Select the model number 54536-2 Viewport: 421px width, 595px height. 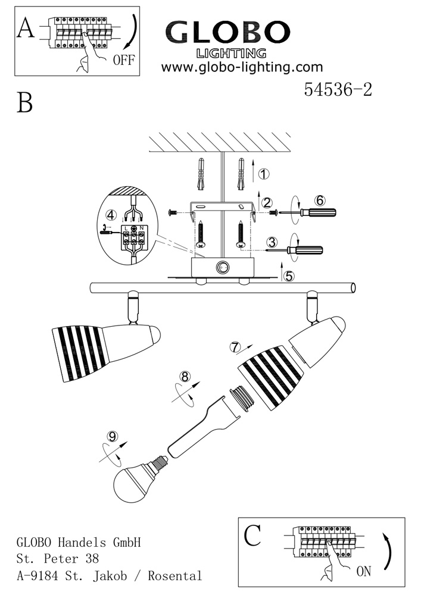click(x=338, y=89)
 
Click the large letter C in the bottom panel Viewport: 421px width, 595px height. click(x=252, y=535)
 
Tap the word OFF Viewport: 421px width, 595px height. click(x=123, y=59)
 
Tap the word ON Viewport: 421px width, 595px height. click(x=363, y=572)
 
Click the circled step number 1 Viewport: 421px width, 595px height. click(x=264, y=174)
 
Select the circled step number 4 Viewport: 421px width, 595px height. click(x=110, y=214)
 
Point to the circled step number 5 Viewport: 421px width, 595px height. click(x=289, y=276)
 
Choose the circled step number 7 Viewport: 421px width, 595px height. click(x=236, y=346)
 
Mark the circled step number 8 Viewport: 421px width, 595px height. click(x=185, y=377)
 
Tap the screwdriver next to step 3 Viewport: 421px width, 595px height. click(x=304, y=250)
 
